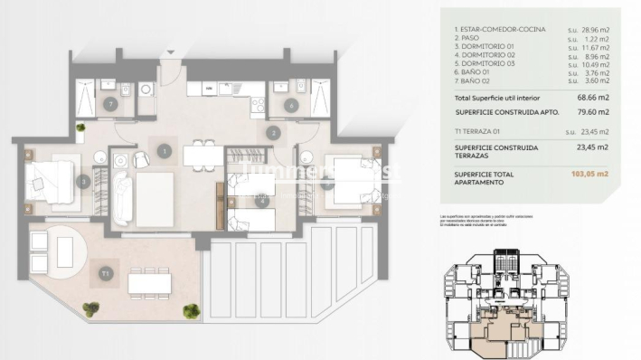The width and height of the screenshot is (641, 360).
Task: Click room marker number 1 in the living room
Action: [164, 151]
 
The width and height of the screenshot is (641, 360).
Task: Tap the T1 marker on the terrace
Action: [106, 270]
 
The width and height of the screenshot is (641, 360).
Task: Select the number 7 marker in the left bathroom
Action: [109, 105]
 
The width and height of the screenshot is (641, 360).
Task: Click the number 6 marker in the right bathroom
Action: [290, 105]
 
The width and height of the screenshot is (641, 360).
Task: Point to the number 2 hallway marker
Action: [272, 133]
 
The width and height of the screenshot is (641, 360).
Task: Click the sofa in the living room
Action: [123, 198]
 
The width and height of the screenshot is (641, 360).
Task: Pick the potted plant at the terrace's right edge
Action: [191, 311]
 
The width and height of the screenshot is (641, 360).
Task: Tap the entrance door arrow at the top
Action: [165, 60]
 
